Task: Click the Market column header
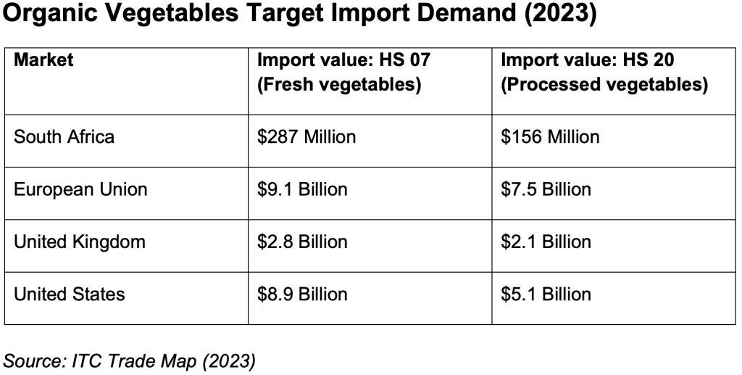[43, 60]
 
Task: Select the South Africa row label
[64, 136]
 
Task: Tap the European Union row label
[80, 189]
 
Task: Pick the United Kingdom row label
[79, 242]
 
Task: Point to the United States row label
[69, 294]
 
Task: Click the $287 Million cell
[307, 136]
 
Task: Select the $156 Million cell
[550, 136]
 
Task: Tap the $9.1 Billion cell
[302, 189]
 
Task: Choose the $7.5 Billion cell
[546, 189]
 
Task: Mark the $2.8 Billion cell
[302, 242]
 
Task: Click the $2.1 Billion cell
[546, 242]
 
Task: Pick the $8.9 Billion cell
[302, 294]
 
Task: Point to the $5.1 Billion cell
[546, 294]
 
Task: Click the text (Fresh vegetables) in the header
[339, 84]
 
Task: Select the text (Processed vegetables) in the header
[604, 84]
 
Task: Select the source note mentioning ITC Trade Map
[130, 360]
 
